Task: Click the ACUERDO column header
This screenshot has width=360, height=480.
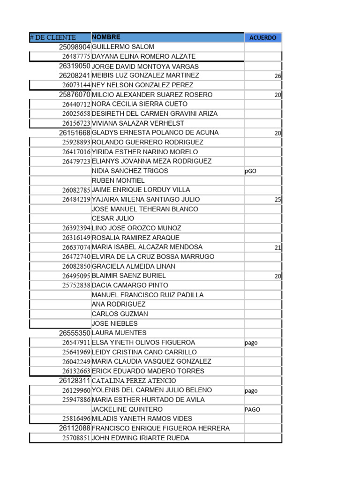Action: coord(262,37)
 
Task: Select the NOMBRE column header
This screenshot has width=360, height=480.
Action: coord(106,37)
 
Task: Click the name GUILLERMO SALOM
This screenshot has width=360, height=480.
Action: coord(123,47)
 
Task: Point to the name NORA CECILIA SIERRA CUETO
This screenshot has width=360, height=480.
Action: coord(140,104)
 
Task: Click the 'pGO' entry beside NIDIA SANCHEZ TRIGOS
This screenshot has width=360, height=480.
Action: coord(250,171)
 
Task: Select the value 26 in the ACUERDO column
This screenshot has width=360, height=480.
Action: coord(277,76)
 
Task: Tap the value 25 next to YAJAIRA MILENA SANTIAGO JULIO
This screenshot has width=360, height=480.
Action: coord(277,200)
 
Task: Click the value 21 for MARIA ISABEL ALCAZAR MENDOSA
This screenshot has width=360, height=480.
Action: coord(277,247)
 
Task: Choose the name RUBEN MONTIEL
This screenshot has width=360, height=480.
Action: coord(118,180)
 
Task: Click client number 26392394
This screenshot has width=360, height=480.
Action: coord(76,228)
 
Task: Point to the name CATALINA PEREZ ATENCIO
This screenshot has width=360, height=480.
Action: coord(134,381)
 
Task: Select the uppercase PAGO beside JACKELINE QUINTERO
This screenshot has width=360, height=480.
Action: coord(252,409)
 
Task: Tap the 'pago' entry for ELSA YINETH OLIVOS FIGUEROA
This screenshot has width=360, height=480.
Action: coord(251,343)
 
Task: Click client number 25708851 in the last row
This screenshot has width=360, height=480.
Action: coord(76,438)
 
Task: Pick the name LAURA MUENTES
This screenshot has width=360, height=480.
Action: coord(120,333)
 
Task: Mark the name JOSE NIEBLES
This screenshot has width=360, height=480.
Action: coord(115,323)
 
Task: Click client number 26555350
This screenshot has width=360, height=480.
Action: coord(75,333)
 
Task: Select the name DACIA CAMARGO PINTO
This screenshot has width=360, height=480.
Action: coord(130,285)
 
